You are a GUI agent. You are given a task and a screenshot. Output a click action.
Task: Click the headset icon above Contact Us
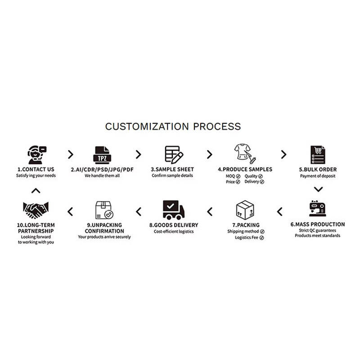pyautogui.click(x=36, y=154)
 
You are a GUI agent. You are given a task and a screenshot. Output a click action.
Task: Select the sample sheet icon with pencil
pyautogui.click(x=173, y=154)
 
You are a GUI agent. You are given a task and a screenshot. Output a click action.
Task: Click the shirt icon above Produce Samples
pyautogui.click(x=245, y=154)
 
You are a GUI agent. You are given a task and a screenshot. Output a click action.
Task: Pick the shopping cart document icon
pyautogui.click(x=318, y=154)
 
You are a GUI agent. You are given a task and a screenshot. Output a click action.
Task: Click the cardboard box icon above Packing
pyautogui.click(x=245, y=210)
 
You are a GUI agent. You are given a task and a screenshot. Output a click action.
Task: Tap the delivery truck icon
pyautogui.click(x=173, y=210)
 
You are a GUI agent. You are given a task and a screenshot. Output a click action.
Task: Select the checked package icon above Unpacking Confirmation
pyautogui.click(x=104, y=210)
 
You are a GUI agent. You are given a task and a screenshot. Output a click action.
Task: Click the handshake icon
pyautogui.click(x=36, y=210)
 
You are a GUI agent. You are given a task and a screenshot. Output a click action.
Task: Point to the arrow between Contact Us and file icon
pyautogui.click(x=70, y=154)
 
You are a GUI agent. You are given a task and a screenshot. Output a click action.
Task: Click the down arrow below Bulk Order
pyautogui.click(x=318, y=189)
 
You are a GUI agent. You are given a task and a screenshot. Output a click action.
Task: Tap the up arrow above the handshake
pyautogui.click(x=36, y=190)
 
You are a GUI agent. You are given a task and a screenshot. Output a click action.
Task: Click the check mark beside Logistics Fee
pyautogui.click(x=261, y=237)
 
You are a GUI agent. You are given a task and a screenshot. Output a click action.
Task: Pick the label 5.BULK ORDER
pyautogui.click(x=318, y=170)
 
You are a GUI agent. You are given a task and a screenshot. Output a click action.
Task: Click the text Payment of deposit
pyautogui.click(x=318, y=176)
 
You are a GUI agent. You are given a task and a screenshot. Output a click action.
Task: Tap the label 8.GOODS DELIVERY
pyautogui.click(x=173, y=225)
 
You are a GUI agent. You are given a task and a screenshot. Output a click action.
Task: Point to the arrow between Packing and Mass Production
pyautogui.click(x=280, y=211)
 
